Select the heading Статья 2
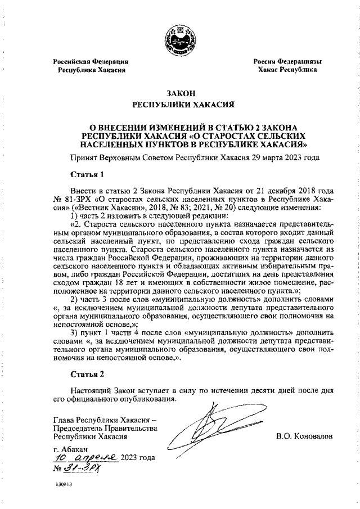pyautogui.click(x=87, y=373)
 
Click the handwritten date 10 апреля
pyautogui.click(x=84, y=457)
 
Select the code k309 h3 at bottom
pyautogui.click(x=64, y=485)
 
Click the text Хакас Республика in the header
pyautogui.click(x=287, y=70)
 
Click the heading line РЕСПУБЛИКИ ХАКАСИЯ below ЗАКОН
pyautogui.click(x=179, y=105)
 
